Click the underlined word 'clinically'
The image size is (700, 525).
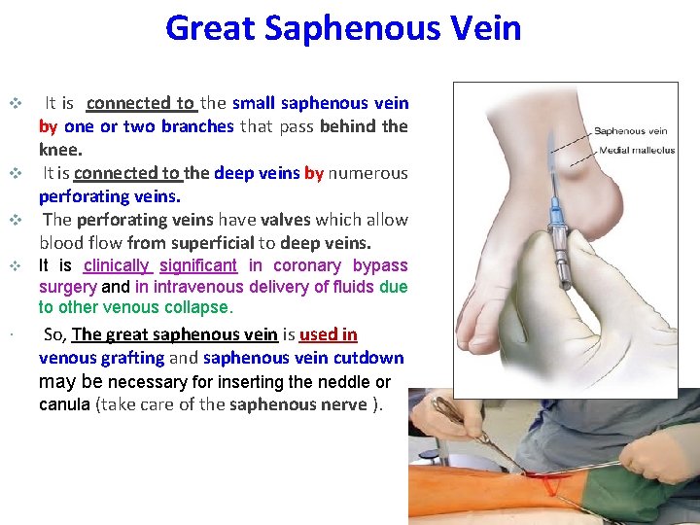click(x=116, y=265)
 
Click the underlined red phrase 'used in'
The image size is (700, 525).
click(x=328, y=334)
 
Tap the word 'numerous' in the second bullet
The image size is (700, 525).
click(x=367, y=173)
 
